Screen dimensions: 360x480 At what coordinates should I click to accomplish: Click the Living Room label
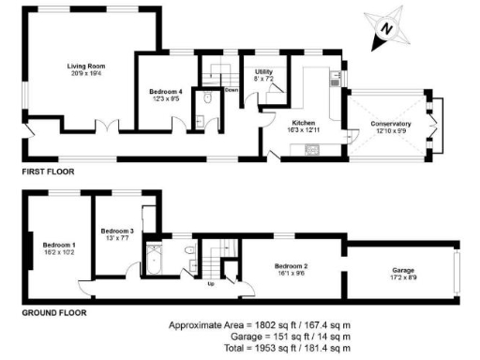[x=84, y=67]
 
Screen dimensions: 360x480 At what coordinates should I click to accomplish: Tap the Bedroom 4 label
[x=165, y=91]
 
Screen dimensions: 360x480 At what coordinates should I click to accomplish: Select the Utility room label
[x=263, y=72]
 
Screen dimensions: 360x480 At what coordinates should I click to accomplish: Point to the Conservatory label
[x=390, y=123]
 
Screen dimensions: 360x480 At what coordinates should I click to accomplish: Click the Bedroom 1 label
[x=59, y=245]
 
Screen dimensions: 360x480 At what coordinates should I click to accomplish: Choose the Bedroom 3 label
[x=118, y=231]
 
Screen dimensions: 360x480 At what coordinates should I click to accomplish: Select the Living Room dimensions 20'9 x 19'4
[x=84, y=74]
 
